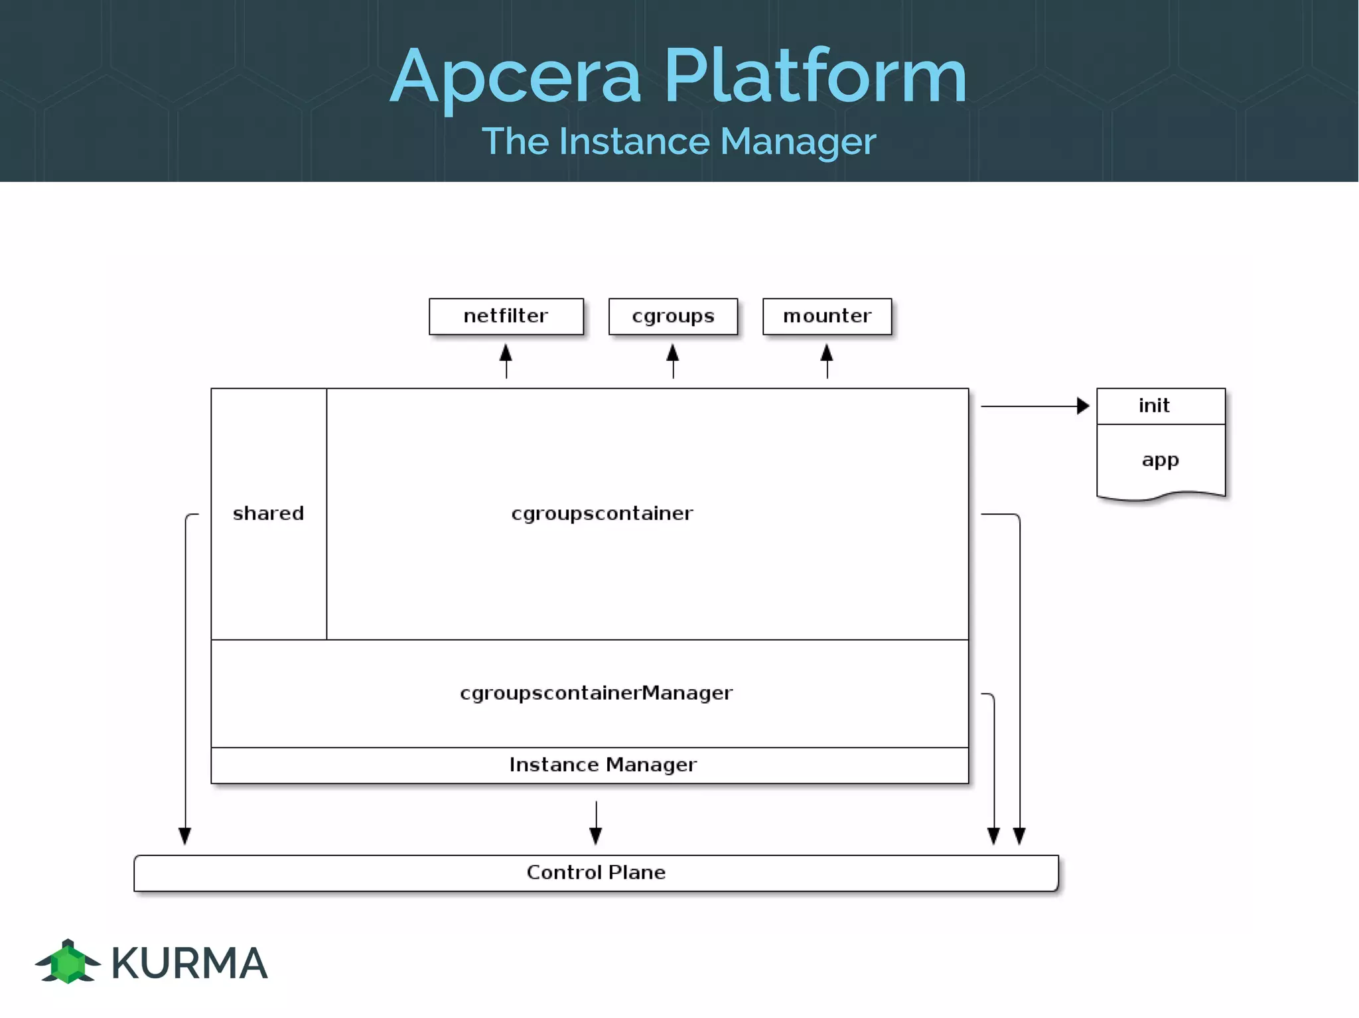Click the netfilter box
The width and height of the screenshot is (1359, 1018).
506,316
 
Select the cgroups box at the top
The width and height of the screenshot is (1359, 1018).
673,316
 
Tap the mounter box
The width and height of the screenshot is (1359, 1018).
827,316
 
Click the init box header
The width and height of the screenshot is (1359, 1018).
1160,406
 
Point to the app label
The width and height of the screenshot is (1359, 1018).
1160,460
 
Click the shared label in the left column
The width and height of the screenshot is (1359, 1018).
268,513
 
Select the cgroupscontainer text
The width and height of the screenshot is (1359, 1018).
602,513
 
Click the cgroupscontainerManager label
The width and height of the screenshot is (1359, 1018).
596,693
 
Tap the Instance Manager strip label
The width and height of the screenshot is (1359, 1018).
603,765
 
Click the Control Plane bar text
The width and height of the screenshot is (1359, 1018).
596,872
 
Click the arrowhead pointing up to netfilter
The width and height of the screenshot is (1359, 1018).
506,353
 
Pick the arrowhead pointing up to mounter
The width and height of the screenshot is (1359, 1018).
827,353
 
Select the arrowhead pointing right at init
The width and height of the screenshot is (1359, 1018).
1082,406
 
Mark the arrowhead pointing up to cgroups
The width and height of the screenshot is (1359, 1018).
673,353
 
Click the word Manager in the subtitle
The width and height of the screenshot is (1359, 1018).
798,142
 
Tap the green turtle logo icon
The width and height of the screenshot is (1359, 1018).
68,962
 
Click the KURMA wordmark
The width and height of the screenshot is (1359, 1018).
189,963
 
